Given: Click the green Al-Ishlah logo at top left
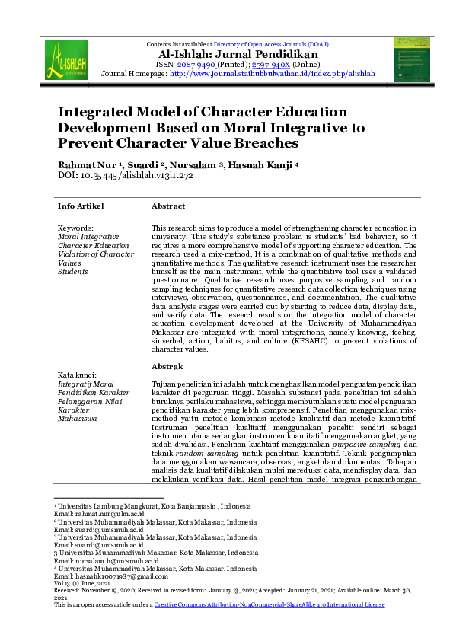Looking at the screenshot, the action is point(66,60).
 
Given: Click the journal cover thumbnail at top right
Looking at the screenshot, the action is point(411,59).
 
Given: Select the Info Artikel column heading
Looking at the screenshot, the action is point(81,206).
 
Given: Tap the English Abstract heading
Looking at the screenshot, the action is point(168,206).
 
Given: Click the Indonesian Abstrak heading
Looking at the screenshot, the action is point(168,367).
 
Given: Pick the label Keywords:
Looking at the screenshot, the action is point(76,228).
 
